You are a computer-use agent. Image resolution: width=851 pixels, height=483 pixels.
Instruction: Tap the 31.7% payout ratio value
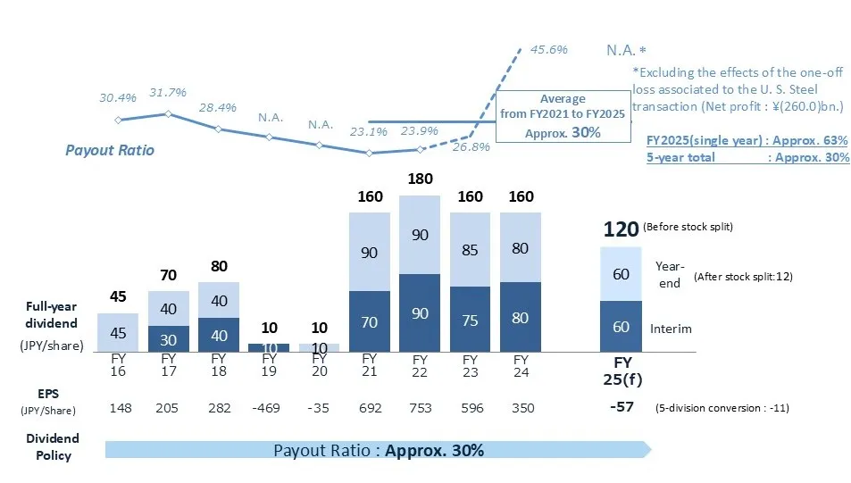click(168, 93)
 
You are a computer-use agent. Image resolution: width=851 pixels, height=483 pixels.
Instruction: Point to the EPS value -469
click(268, 408)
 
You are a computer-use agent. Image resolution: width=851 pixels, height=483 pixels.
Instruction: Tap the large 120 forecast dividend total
click(621, 230)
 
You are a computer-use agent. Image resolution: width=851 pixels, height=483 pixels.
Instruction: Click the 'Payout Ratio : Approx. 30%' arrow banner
click(379, 450)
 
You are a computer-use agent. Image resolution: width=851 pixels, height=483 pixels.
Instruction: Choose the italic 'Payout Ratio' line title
click(109, 150)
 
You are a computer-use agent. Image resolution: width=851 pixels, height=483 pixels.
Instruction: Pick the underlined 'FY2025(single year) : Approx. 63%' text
click(747, 141)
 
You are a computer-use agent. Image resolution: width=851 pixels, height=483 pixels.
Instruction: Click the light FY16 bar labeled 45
click(118, 332)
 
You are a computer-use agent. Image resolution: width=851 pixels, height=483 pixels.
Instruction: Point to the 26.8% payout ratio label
click(471, 147)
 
